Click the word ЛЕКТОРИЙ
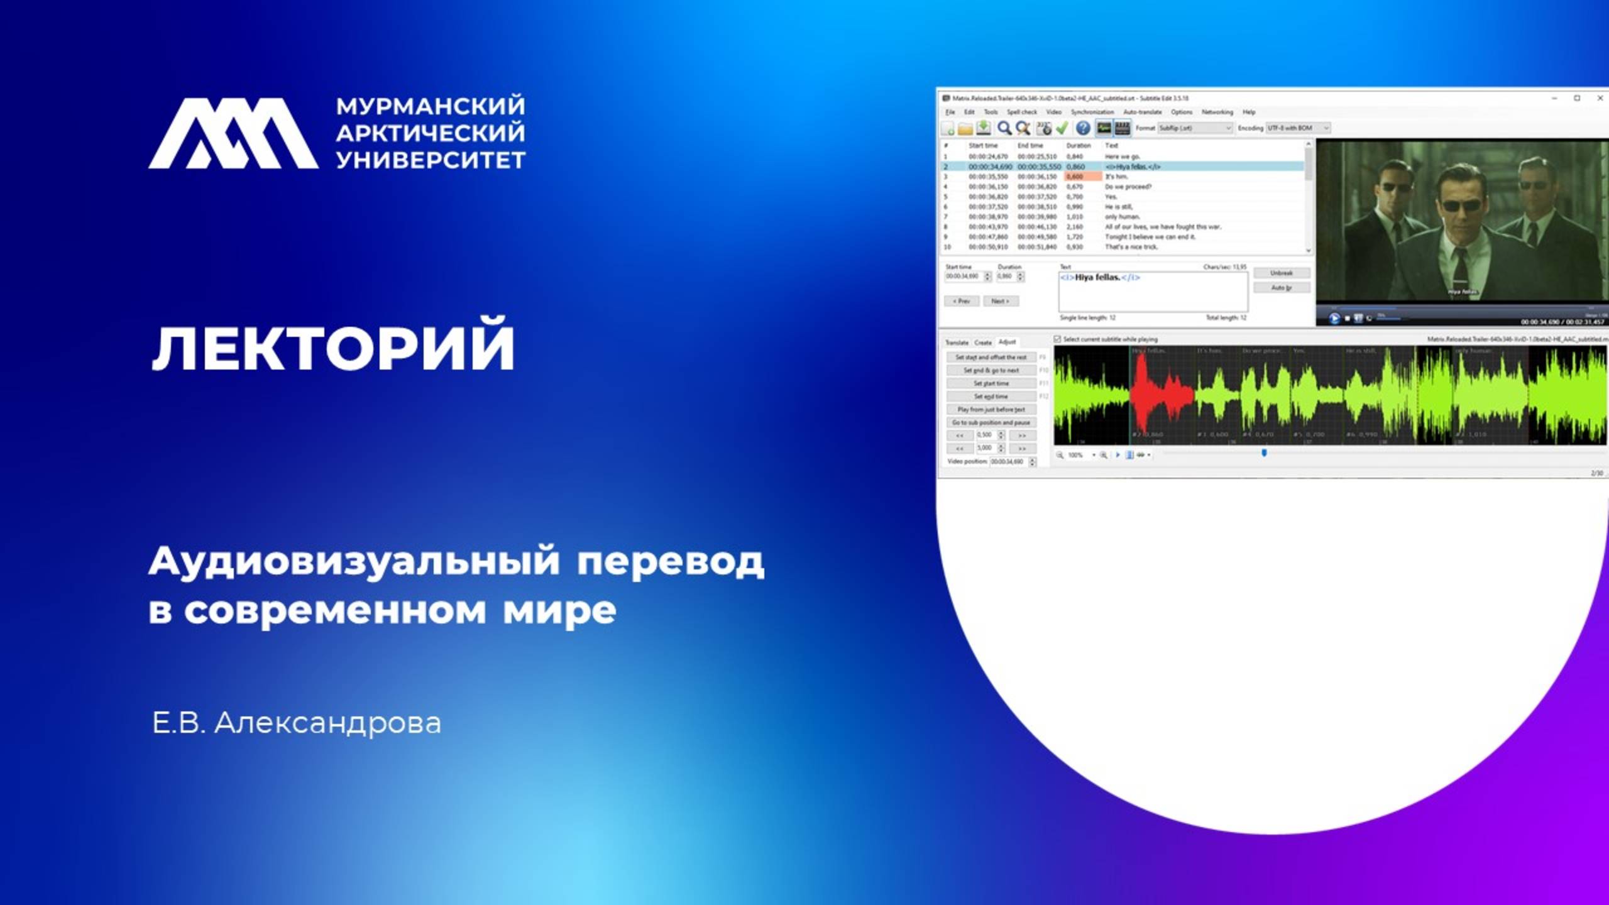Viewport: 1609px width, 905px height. [x=333, y=348]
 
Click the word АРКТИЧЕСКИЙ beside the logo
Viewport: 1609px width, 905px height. [x=431, y=133]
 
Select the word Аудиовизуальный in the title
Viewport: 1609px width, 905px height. [x=354, y=561]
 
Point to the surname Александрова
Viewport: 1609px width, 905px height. [x=327, y=723]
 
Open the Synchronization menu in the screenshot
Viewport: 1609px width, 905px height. [x=1092, y=112]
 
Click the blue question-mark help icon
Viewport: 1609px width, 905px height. [x=1082, y=128]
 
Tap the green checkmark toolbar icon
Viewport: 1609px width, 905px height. [x=1062, y=128]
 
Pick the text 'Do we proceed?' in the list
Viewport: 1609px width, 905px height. [x=1128, y=187]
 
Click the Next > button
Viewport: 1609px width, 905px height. [x=1000, y=301]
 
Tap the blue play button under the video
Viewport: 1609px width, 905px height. [x=1333, y=319]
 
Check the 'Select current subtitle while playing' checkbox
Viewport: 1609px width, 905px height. [x=1057, y=339]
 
